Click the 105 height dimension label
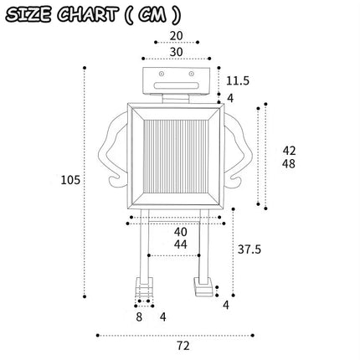point(70,180)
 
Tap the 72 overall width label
point(183,346)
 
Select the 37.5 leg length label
point(249,249)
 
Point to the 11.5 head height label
point(238,81)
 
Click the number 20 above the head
point(177,36)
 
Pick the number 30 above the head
point(177,52)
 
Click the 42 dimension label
point(289,151)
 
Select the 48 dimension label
point(289,164)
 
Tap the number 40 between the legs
point(181,232)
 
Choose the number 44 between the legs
point(181,244)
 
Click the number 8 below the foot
point(139,317)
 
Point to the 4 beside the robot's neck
point(230,98)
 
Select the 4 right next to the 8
point(163,317)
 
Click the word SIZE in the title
point(28,14)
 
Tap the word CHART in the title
point(87,14)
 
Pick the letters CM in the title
point(152,15)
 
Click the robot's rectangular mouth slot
point(177,85)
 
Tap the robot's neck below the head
point(176,99)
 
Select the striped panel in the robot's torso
point(176,157)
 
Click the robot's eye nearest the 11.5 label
point(191,74)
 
